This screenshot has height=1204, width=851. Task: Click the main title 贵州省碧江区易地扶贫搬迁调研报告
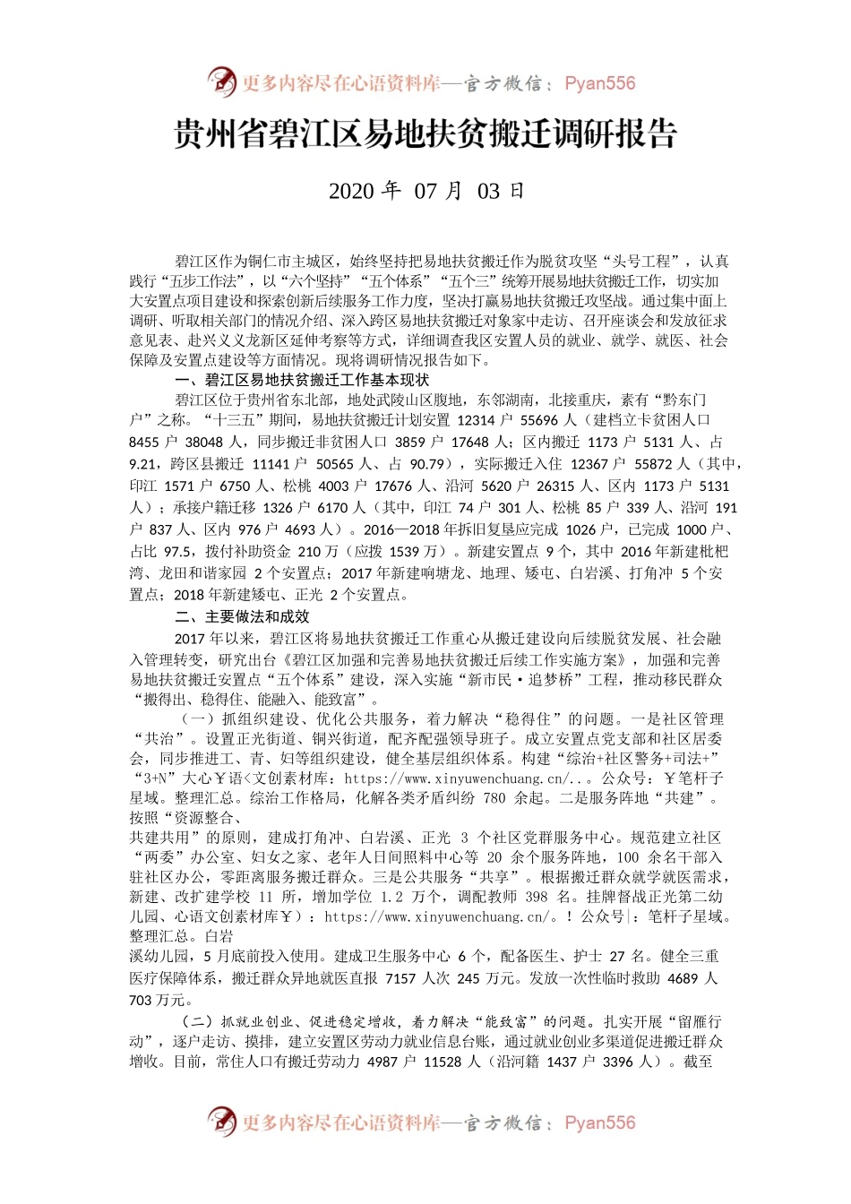tap(425, 136)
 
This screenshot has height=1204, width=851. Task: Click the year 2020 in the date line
tap(350, 191)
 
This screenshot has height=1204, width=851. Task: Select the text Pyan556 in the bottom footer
tap(599, 1122)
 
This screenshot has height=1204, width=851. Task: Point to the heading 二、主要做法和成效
tap(243, 617)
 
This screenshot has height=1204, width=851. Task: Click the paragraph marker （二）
tap(196, 1021)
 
